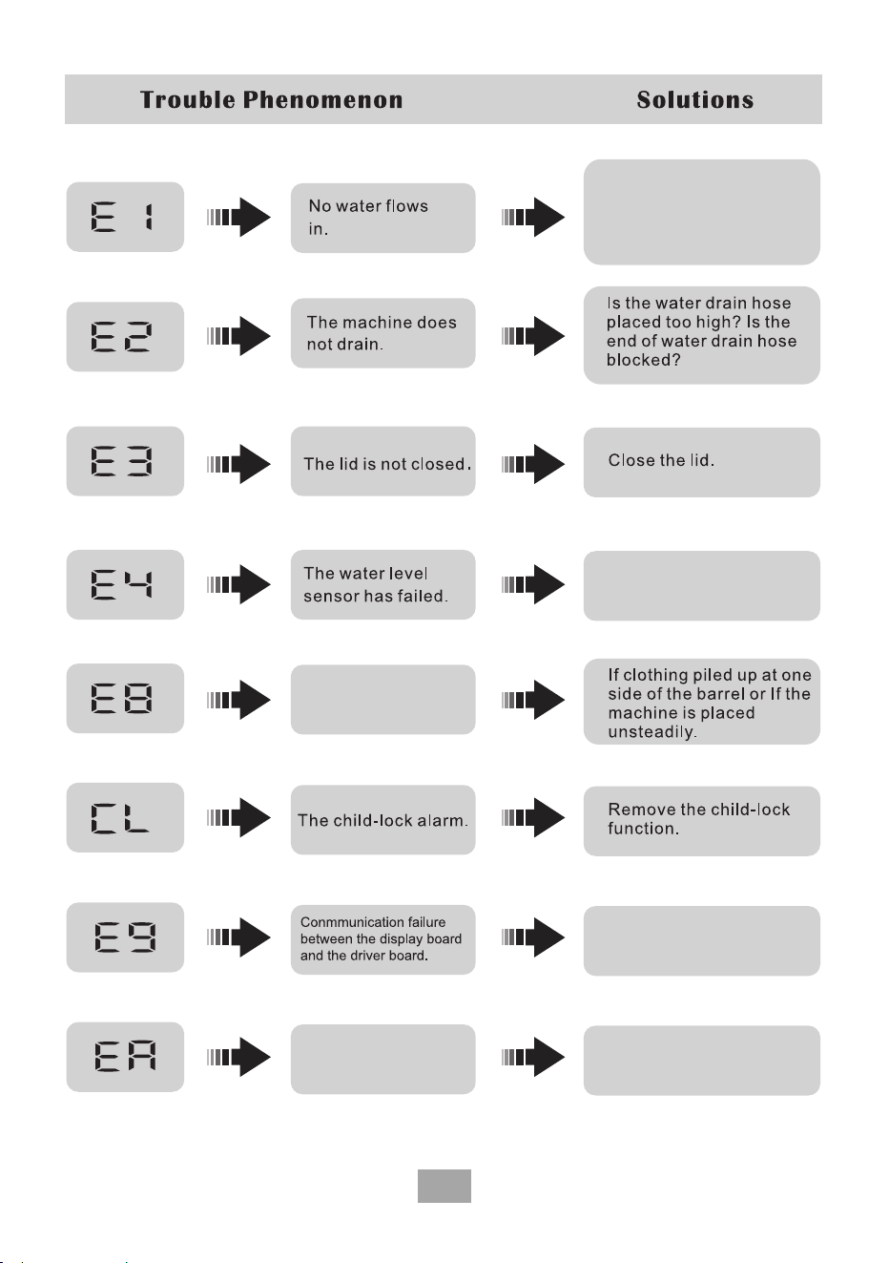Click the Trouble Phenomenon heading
point(272,100)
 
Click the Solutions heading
point(695,100)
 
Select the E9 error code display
point(125,937)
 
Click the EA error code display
point(125,1057)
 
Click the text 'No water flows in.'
point(368,217)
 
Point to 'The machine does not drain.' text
point(382,333)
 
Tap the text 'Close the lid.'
point(661,460)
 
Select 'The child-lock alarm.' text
point(382,820)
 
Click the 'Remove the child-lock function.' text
point(698,819)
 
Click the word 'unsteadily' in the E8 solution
point(651,732)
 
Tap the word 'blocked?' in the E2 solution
point(643,360)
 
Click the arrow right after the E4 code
point(238,584)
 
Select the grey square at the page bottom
point(444,1186)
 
